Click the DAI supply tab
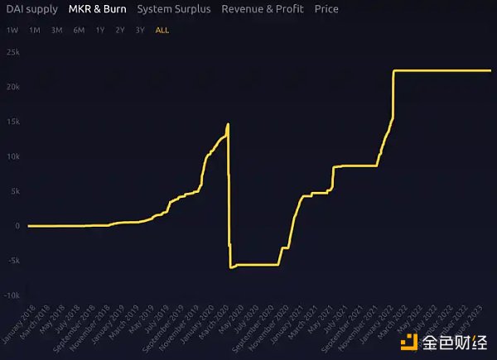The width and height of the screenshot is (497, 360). pyautogui.click(x=32, y=9)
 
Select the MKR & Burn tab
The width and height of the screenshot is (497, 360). pyautogui.click(x=98, y=9)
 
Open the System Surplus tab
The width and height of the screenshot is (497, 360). pyautogui.click(x=174, y=9)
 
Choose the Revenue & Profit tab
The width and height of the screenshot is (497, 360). pyautogui.click(x=263, y=9)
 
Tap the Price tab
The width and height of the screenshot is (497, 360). pyautogui.click(x=326, y=9)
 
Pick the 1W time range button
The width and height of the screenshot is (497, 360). pyautogui.click(x=12, y=30)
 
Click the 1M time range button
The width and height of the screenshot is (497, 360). pyautogui.click(x=34, y=30)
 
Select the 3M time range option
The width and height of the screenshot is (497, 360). pyautogui.click(x=56, y=30)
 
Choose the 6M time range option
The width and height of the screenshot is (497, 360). pyautogui.click(x=79, y=30)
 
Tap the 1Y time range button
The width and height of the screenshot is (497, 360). pyautogui.click(x=100, y=30)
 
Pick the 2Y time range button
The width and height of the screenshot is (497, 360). pyautogui.click(x=120, y=30)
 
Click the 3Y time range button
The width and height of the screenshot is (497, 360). pyautogui.click(x=140, y=30)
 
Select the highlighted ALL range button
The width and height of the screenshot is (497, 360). pyautogui.click(x=162, y=30)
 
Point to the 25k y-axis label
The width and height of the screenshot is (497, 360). pyautogui.click(x=12, y=51)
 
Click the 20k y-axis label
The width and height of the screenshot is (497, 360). pyautogui.click(x=12, y=87)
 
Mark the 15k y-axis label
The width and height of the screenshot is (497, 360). pyautogui.click(x=12, y=122)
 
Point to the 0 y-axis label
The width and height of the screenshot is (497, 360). pyautogui.click(x=17, y=226)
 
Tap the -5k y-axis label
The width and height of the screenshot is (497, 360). pyautogui.click(x=12, y=261)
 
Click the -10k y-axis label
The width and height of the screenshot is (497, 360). pyautogui.click(x=12, y=295)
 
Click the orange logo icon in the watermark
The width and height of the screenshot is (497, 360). pyautogui.click(x=408, y=341)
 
